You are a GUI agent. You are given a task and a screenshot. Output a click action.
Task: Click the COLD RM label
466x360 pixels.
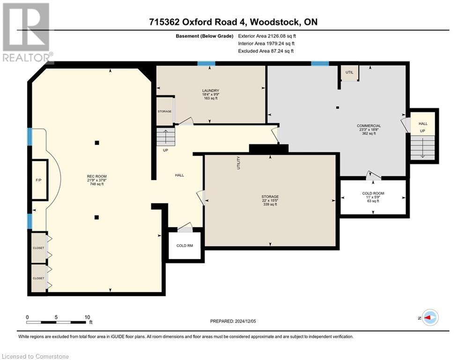pyautogui.click(x=185, y=246)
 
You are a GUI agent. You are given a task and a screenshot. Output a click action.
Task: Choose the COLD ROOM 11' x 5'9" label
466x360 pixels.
pyautogui.click(x=373, y=197)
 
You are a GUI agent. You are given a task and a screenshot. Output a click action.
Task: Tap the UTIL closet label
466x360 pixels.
pyautogui.click(x=349, y=72)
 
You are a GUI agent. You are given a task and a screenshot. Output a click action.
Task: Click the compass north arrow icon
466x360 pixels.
pyautogui.click(x=430, y=317)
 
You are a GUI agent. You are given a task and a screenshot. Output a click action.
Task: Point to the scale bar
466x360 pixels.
pyautogui.click(x=56, y=322)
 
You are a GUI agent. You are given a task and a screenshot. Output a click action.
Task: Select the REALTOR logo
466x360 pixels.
pyautogui.click(x=27, y=32)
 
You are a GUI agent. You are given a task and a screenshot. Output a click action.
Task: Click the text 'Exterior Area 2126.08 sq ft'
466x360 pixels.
pyautogui.click(x=267, y=36)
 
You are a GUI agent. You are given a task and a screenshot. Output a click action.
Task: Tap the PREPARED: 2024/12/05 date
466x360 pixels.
pyautogui.click(x=233, y=321)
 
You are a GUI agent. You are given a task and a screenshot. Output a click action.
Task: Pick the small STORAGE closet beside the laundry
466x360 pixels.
pyautogui.click(x=165, y=111)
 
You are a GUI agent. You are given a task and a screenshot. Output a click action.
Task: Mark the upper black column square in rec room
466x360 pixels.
pyautogui.click(x=97, y=143)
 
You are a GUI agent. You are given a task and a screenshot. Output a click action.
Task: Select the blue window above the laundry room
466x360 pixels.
pyautogui.click(x=206, y=63)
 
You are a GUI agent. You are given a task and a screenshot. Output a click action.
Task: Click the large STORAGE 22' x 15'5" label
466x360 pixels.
pyautogui.click(x=270, y=200)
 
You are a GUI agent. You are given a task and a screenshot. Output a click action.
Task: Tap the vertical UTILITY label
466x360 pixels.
pyautogui.click(x=238, y=163)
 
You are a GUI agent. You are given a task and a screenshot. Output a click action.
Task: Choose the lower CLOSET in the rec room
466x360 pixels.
pyautogui.click(x=38, y=278)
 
